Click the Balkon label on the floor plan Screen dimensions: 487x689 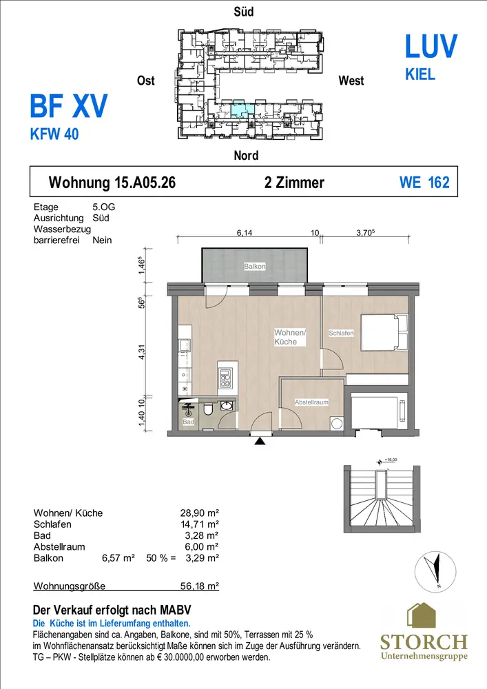pos(255,266)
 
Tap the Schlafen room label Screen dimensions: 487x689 pos(341,333)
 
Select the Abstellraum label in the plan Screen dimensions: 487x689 pos(311,402)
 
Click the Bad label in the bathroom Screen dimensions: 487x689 pos(188,422)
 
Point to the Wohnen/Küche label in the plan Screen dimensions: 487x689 pos(290,337)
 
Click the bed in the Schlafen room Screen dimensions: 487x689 pos(384,332)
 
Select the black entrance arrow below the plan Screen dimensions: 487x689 pos(260,441)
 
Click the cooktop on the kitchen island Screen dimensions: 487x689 pos(225,379)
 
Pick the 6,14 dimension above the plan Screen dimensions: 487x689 pos(245,233)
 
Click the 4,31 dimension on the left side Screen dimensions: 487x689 pos(141,351)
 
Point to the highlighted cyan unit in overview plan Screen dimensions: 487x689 pos(242,109)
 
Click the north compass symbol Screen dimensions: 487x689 pos(435,572)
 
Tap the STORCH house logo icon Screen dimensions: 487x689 pos(422,615)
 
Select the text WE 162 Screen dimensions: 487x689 pos(424,183)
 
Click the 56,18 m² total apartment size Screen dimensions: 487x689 pos(199,586)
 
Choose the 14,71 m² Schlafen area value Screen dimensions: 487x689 pos(199,524)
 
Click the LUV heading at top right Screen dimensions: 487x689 pos(431,47)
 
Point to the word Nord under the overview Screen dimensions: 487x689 pos(246,155)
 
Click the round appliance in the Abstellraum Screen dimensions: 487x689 pos(337,424)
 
